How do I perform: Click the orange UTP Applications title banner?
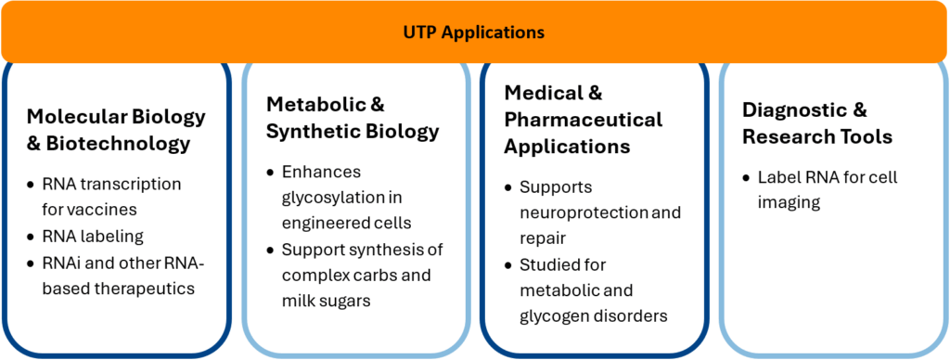[x=474, y=32]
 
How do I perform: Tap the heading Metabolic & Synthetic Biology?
[x=353, y=117]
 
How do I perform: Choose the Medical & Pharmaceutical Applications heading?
[x=583, y=120]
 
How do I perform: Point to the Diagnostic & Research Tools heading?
[x=816, y=123]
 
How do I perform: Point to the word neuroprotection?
[x=582, y=212]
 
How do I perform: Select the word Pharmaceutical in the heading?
[x=584, y=120]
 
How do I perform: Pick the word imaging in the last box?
[x=790, y=201]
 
